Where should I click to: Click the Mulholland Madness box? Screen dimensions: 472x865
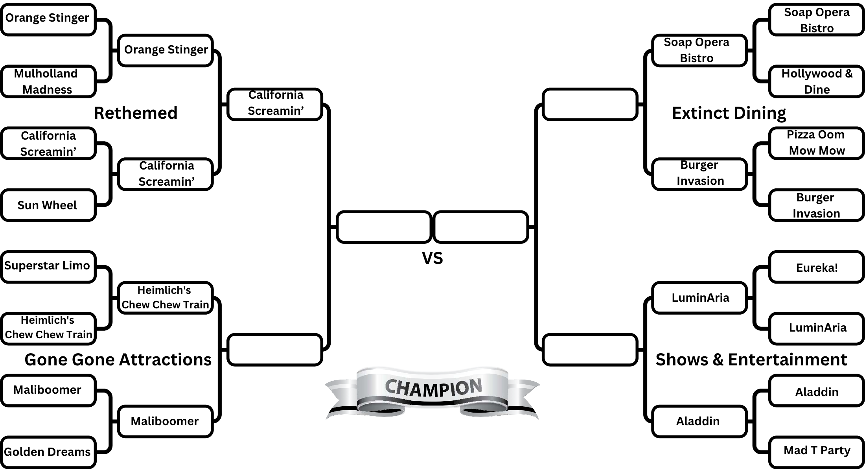click(x=48, y=81)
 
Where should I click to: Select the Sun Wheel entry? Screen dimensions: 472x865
click(x=48, y=205)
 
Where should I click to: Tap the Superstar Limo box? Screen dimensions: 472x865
click(x=48, y=266)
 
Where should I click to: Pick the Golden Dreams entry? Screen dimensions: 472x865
click(x=48, y=452)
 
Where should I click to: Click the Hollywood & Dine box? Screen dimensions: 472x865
click(x=816, y=81)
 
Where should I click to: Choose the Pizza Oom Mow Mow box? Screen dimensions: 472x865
click(x=816, y=143)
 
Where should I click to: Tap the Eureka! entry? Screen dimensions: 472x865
click(x=816, y=267)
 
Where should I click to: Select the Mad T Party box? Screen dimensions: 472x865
click(x=816, y=451)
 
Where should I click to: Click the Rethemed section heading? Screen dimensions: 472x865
click(x=136, y=113)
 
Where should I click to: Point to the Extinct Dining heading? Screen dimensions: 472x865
click(x=729, y=113)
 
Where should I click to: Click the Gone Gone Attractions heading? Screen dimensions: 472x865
click(x=118, y=360)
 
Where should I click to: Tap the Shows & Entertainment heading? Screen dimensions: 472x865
click(x=751, y=360)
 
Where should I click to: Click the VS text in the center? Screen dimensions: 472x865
click(x=432, y=258)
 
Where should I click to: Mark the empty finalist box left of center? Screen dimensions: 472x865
click(x=384, y=227)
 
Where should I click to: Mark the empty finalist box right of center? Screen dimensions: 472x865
click(x=480, y=227)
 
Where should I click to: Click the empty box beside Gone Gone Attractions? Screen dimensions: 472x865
click(x=275, y=349)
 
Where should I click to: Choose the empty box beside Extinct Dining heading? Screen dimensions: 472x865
click(x=589, y=104)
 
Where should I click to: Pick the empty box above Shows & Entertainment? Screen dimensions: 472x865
click(x=589, y=349)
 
